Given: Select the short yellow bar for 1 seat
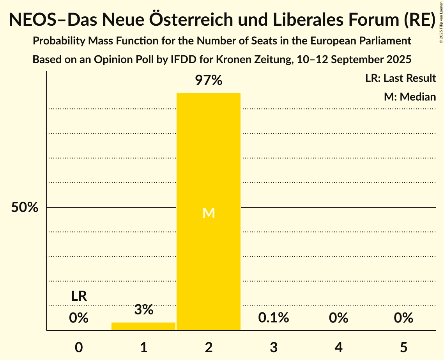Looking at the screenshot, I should click(143, 326).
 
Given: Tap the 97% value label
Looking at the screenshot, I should click(209, 81).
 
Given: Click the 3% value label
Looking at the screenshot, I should click(143, 310).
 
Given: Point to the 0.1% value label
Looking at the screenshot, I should click(273, 318).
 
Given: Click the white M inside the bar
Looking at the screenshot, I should click(209, 213).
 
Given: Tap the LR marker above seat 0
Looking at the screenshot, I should click(79, 296).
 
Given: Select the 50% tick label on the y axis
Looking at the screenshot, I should click(25, 208).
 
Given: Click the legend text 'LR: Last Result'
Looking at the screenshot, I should click(400, 78).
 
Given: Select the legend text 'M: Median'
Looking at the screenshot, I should click(410, 97).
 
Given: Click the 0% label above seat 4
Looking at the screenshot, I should click(338, 318).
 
